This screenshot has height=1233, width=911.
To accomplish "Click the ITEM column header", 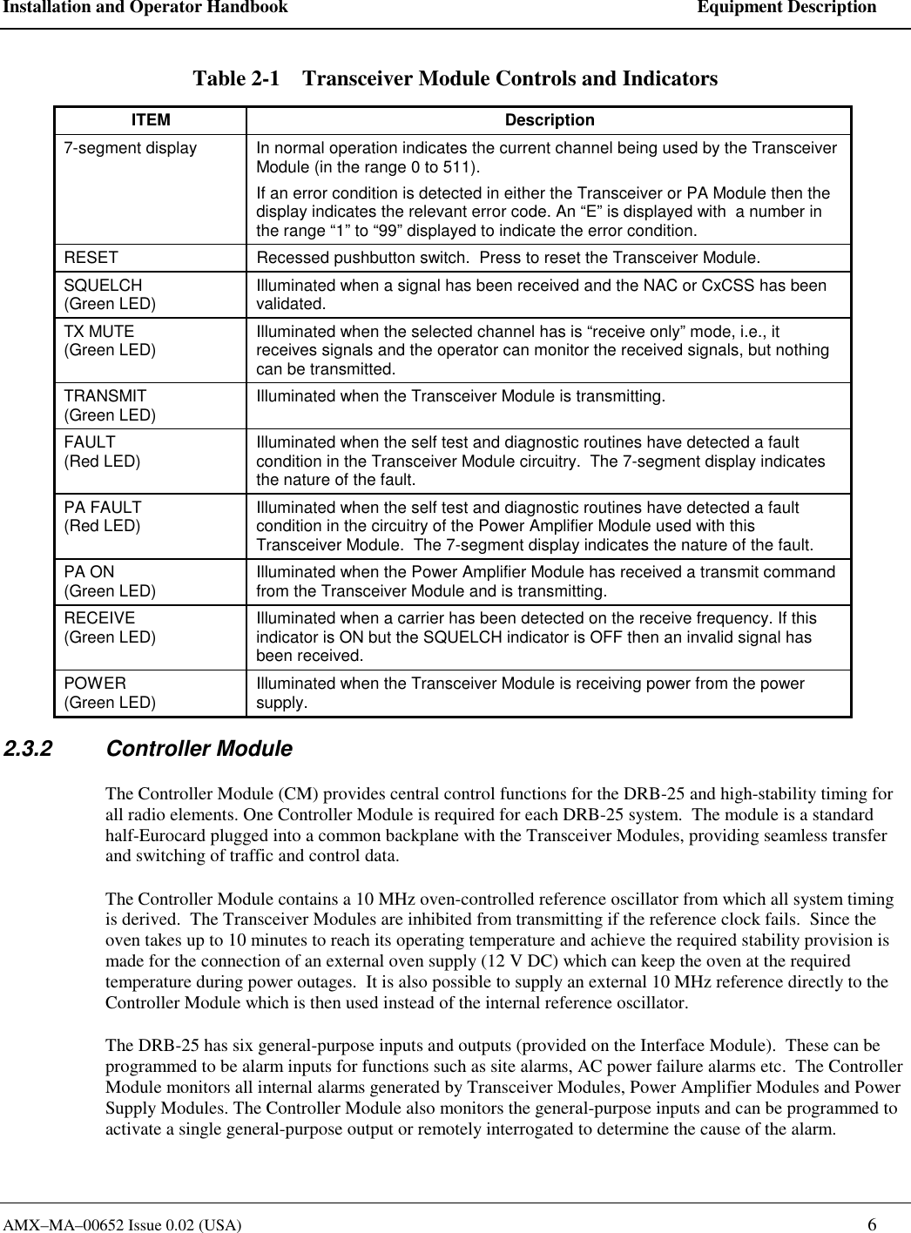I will point(151,120).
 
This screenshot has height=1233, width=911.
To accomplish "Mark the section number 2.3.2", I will point(28,749).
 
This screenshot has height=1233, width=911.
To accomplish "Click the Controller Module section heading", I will point(199,749).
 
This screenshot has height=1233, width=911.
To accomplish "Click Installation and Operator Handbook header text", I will point(145,8).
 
